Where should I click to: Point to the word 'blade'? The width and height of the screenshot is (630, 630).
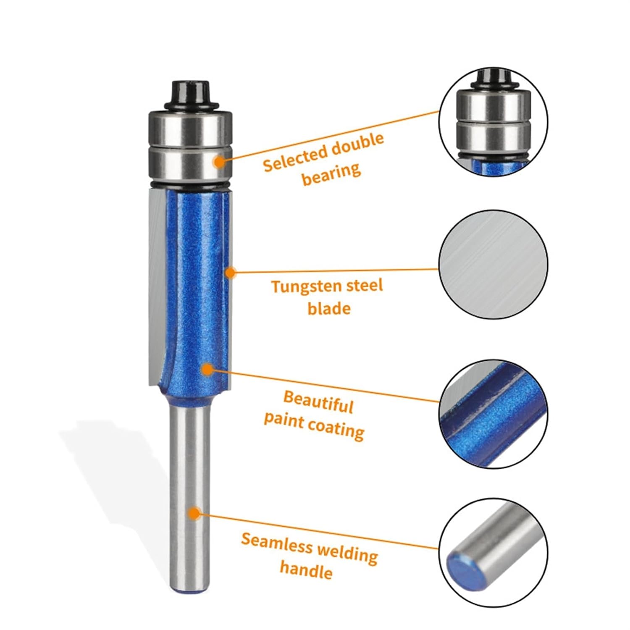click(x=329, y=309)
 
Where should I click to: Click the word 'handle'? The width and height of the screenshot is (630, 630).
click(x=306, y=570)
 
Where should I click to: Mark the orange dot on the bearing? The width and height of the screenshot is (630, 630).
click(x=219, y=161)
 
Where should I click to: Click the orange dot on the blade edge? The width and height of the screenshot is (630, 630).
click(x=230, y=273)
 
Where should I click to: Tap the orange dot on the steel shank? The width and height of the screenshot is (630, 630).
click(x=194, y=513)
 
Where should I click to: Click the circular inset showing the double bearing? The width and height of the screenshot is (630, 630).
click(x=493, y=122)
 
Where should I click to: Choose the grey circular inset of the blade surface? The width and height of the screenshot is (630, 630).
click(x=493, y=264)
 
